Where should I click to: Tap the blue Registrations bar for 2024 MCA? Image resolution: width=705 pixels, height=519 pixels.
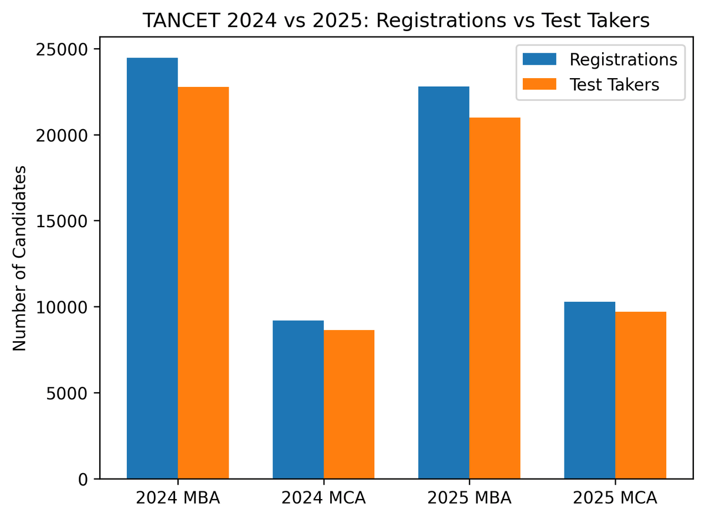coord(298,399)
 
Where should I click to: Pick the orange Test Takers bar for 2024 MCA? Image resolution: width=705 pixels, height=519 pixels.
coord(349,405)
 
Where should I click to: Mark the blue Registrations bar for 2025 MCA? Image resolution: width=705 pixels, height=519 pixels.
coord(589,390)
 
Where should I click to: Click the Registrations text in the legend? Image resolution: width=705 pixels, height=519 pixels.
coord(623,60)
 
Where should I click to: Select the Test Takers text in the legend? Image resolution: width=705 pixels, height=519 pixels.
coord(615,85)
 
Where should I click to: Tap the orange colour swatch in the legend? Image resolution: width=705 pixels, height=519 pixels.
coord(539,85)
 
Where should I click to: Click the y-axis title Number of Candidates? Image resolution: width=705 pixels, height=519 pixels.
coord(20,258)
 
